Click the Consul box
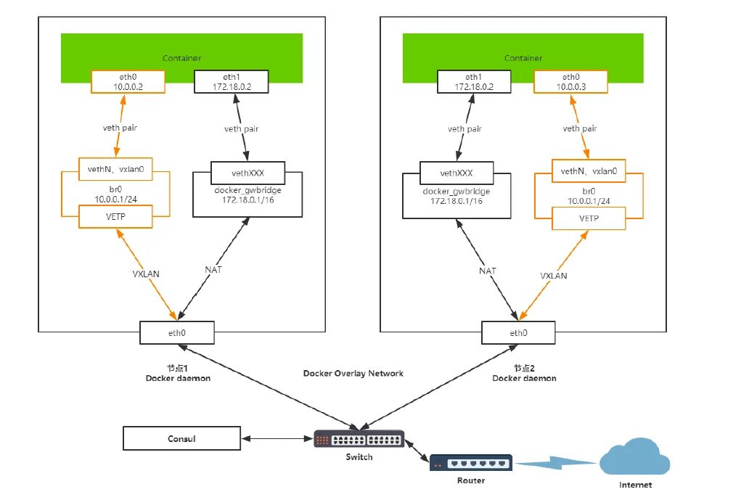181,438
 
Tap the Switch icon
359,440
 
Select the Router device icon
470,463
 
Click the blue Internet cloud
635,458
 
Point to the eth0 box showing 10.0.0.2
128,81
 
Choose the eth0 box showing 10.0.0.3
570,81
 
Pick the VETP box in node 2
589,218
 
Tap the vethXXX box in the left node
247,173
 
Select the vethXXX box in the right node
457,173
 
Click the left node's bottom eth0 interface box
176,333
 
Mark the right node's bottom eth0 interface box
518,333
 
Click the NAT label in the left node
213,269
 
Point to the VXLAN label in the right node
554,276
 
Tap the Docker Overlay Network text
353,373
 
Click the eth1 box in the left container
231,81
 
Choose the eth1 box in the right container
473,81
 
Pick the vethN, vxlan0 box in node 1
115,172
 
